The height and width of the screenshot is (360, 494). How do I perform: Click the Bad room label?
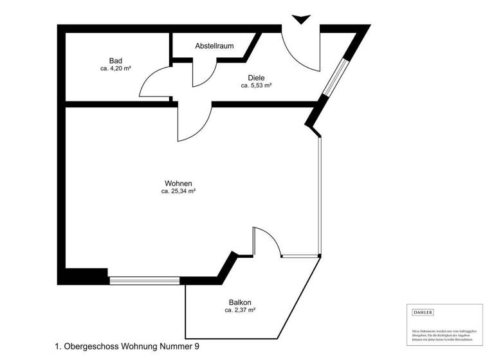pyautogui.click(x=116, y=60)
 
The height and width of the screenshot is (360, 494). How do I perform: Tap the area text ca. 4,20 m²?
pyautogui.click(x=116, y=68)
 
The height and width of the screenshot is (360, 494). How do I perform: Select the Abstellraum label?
pyautogui.click(x=214, y=46)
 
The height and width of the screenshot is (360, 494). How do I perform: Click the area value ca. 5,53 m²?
pyautogui.click(x=256, y=85)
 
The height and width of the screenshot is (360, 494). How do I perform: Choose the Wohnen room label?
pyautogui.click(x=178, y=183)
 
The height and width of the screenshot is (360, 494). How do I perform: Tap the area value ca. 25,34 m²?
pyautogui.click(x=178, y=191)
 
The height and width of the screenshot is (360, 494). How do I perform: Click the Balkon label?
pyautogui.click(x=239, y=303)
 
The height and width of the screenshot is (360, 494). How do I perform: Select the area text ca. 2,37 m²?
pyautogui.click(x=240, y=310)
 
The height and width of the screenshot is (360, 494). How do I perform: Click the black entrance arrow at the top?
pyautogui.click(x=300, y=19)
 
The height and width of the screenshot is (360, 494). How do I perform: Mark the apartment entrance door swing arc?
pyautogui.click(x=302, y=51)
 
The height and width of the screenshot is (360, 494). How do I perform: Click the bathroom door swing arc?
pyautogui.click(x=154, y=84)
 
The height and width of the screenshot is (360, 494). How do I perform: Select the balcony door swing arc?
pyautogui.click(x=267, y=241)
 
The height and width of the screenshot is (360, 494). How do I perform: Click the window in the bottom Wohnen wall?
pyautogui.click(x=144, y=280)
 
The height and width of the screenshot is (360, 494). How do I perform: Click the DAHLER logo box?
pyautogui.click(x=423, y=312)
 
